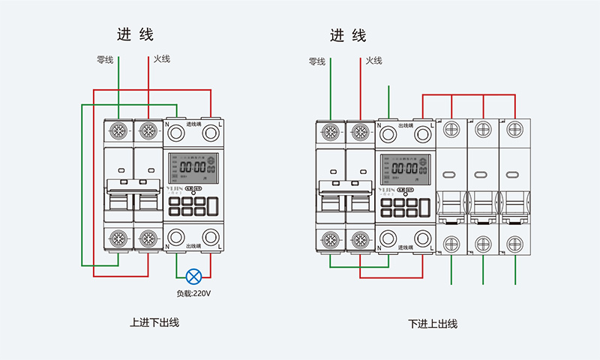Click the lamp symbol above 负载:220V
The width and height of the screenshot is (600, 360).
pyautogui.click(x=193, y=275)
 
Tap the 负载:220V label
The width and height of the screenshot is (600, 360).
pyautogui.click(x=193, y=293)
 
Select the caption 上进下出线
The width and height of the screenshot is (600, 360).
pyautogui.click(x=154, y=322)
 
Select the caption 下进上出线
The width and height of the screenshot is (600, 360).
pyautogui.click(x=433, y=324)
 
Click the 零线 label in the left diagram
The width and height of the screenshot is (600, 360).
pyautogui.click(x=105, y=59)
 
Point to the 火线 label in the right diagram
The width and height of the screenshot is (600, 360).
pyautogui.click(x=374, y=61)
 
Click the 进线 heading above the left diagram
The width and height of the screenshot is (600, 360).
pyautogui.click(x=135, y=34)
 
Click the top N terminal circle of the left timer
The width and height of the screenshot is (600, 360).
pyautogui.click(x=176, y=133)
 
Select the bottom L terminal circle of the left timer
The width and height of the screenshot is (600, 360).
pyautogui.click(x=211, y=236)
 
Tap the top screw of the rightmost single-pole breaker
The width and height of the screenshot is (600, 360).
pyautogui.click(x=514, y=129)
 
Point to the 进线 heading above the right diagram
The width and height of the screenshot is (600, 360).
pyautogui.click(x=349, y=35)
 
